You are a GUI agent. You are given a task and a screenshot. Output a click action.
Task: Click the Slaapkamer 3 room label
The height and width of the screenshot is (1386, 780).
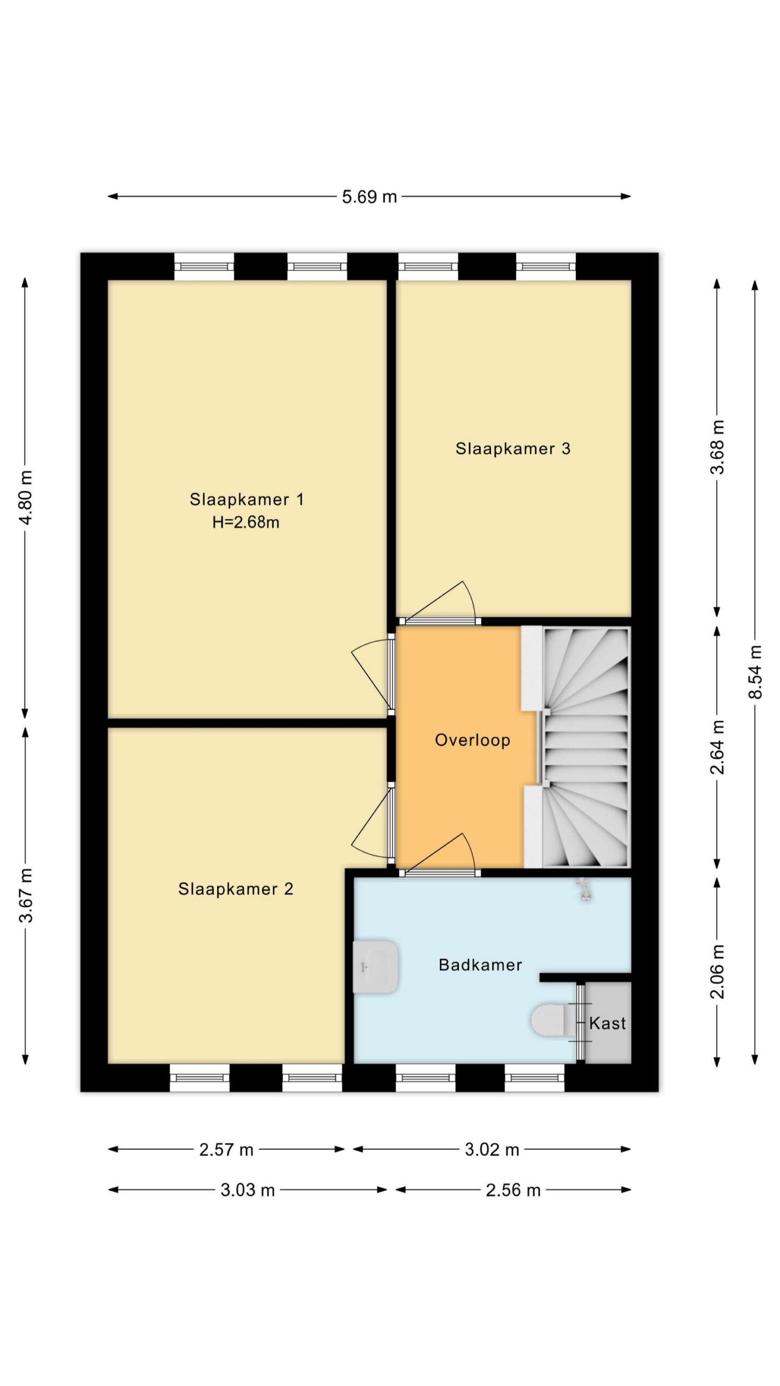(512, 449)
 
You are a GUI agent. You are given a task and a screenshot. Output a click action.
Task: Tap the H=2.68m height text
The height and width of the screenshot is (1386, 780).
(246, 522)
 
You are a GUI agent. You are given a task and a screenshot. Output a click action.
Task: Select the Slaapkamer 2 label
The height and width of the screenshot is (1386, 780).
(236, 889)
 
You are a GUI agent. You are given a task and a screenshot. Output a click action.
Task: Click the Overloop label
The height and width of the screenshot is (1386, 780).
(472, 740)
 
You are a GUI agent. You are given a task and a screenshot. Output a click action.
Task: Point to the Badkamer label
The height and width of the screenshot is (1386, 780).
(480, 965)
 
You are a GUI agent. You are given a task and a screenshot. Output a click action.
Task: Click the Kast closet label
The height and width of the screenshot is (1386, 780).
(607, 1023)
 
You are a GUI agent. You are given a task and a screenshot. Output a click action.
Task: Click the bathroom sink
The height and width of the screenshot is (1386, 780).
(375, 966)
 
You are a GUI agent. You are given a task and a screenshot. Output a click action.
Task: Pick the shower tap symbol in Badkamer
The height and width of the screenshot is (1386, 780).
(584, 890)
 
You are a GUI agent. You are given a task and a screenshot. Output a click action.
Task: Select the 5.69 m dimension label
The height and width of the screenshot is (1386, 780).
(369, 197)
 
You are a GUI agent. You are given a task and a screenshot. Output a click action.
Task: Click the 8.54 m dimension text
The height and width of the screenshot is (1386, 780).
(755, 671)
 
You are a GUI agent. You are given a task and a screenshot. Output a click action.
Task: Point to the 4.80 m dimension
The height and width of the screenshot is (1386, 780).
(25, 497)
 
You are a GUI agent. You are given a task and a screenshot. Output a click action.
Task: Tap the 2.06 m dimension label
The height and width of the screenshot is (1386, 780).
(717, 971)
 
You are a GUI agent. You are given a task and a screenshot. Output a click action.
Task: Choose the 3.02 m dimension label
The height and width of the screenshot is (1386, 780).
(492, 1149)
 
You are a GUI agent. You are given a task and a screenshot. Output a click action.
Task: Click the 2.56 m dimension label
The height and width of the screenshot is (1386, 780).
(513, 1190)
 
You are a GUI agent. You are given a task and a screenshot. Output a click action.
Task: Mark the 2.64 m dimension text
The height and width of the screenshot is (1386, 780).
(717, 747)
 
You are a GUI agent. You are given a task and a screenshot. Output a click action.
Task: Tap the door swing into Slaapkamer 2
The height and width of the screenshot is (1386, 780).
(372, 823)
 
